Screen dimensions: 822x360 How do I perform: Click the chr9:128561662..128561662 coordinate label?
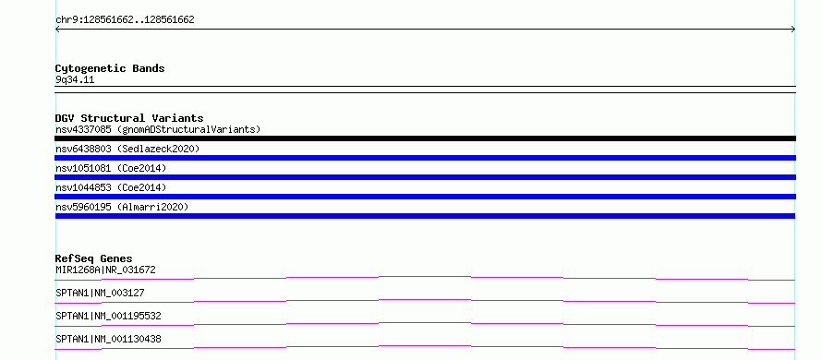click(125, 20)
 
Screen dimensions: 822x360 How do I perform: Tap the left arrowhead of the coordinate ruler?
click(57, 30)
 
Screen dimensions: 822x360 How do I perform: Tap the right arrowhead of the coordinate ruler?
click(793, 30)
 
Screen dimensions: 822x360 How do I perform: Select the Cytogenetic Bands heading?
click(110, 68)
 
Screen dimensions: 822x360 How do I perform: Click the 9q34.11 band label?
click(75, 80)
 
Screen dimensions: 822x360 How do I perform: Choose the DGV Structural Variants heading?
click(129, 118)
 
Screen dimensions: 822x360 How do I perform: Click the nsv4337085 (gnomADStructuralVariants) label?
click(158, 129)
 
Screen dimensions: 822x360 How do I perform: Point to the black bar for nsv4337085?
click(425, 138)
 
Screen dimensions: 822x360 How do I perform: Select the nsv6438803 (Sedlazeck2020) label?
click(127, 149)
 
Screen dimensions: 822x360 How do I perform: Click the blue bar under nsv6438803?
click(425, 158)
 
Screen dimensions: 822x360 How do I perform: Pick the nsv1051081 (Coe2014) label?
click(111, 168)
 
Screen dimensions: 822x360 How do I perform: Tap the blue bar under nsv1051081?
click(425, 177)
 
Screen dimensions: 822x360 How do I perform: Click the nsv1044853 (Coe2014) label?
click(111, 187)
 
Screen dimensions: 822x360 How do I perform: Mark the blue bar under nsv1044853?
click(425, 197)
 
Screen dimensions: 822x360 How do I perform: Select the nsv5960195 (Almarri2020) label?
click(122, 207)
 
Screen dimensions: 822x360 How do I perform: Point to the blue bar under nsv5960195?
click(425, 216)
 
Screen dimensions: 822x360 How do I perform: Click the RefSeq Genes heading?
click(94, 258)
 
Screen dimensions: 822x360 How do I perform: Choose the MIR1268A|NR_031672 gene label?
click(105, 270)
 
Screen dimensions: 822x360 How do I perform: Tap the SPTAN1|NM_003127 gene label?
click(100, 293)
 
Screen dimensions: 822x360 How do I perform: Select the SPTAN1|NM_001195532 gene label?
click(108, 316)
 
